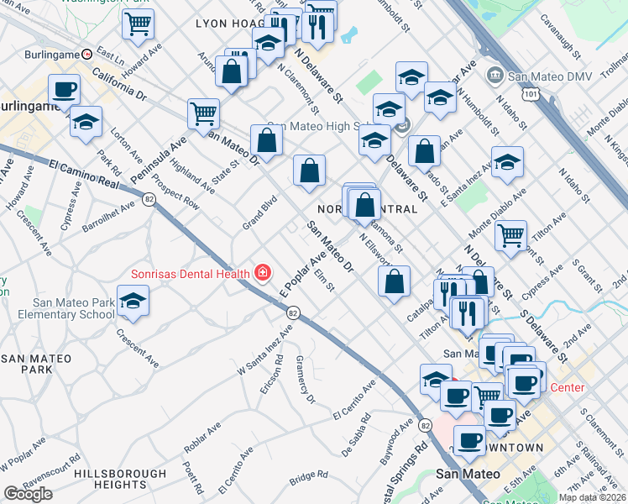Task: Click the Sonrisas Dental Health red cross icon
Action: tap(263, 273)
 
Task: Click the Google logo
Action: tap(28, 494)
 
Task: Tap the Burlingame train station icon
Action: tap(86, 53)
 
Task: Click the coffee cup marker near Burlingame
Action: tap(64, 89)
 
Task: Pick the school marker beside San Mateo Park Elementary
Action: tap(133, 302)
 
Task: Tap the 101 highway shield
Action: tap(529, 96)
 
